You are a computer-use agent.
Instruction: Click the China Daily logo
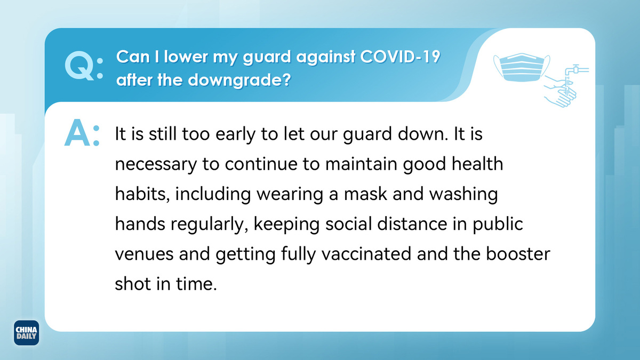point(26,333)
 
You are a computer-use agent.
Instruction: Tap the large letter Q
point(79,66)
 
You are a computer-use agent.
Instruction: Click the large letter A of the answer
point(77,133)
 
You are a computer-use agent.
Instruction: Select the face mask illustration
point(522,67)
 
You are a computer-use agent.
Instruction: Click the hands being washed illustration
point(560,91)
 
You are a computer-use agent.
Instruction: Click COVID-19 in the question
point(400,57)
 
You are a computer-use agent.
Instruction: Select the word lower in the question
point(186,57)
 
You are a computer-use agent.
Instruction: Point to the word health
point(477,163)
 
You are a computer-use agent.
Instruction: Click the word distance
point(412,223)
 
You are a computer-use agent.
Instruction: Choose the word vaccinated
point(366,253)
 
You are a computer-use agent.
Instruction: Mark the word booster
point(518,253)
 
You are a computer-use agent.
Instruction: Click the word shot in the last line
point(133,283)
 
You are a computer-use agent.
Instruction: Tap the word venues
point(144,254)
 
